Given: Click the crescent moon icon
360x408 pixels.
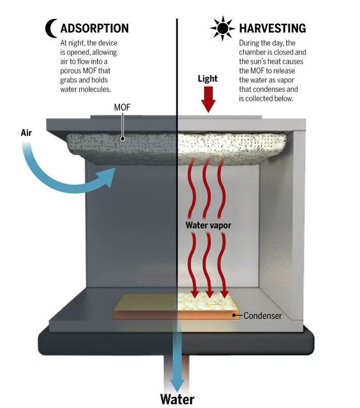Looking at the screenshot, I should (x=51, y=28).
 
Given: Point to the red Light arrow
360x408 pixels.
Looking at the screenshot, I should (x=208, y=100).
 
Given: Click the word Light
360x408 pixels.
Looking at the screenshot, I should (x=208, y=79).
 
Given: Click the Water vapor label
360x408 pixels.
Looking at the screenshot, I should (x=208, y=225).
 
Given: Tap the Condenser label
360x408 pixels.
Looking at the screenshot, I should (x=263, y=315).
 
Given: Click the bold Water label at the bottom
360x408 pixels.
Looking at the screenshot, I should (x=177, y=399).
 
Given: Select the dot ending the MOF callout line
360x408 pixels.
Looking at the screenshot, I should (x=123, y=138).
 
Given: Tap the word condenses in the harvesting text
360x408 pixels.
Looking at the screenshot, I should (x=270, y=90).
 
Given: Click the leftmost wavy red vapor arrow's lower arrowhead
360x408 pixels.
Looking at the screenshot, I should (x=195, y=294).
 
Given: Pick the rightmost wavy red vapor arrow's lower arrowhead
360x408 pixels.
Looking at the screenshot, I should (x=225, y=294).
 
